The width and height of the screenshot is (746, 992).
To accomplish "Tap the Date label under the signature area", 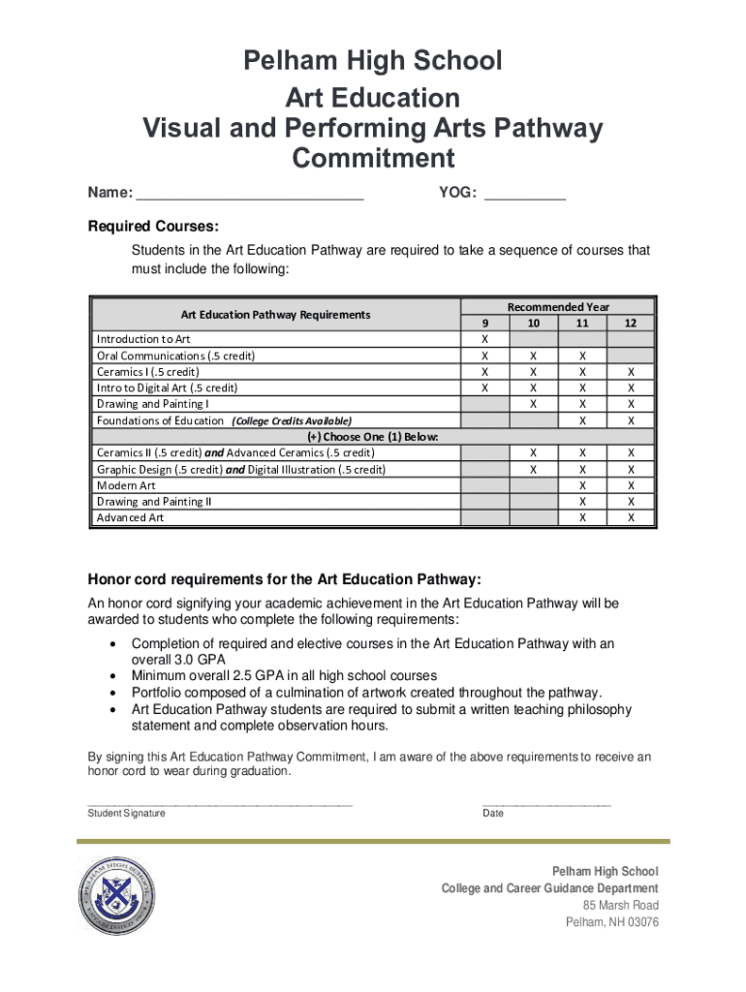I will (x=493, y=814).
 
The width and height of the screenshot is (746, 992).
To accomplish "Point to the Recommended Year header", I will (x=558, y=306).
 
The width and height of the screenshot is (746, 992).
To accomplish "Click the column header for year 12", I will (x=631, y=323).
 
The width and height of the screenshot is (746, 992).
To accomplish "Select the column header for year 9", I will (x=485, y=323).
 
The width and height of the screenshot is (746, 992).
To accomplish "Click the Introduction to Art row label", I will (x=143, y=339).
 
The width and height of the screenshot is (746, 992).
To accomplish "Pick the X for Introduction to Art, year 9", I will (x=485, y=339).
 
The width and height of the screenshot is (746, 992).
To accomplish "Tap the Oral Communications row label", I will (x=175, y=356).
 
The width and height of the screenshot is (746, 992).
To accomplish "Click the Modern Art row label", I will (x=126, y=485).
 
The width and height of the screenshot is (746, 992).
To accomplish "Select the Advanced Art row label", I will (x=130, y=518).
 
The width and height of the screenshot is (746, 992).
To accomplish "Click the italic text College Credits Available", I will (x=292, y=420).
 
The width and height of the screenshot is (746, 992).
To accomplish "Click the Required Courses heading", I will (x=154, y=227).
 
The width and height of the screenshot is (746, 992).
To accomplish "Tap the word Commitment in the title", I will (x=372, y=158).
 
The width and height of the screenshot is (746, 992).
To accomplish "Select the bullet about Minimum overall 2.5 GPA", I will (x=284, y=675).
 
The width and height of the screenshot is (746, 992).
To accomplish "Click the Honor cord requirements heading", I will (x=285, y=580).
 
